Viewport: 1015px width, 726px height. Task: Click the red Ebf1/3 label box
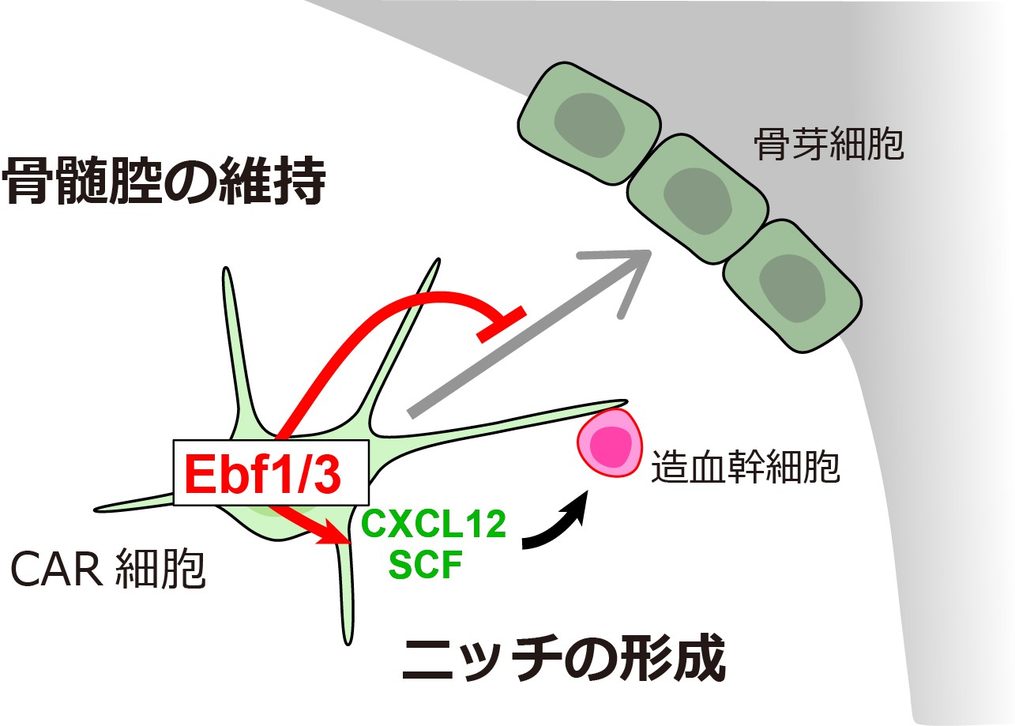tap(271, 472)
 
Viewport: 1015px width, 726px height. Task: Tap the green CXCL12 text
tap(434, 523)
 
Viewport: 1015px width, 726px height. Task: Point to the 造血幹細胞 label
tap(745, 468)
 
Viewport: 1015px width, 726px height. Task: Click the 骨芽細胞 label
tap(829, 145)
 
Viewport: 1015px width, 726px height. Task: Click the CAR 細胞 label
tap(108, 569)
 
